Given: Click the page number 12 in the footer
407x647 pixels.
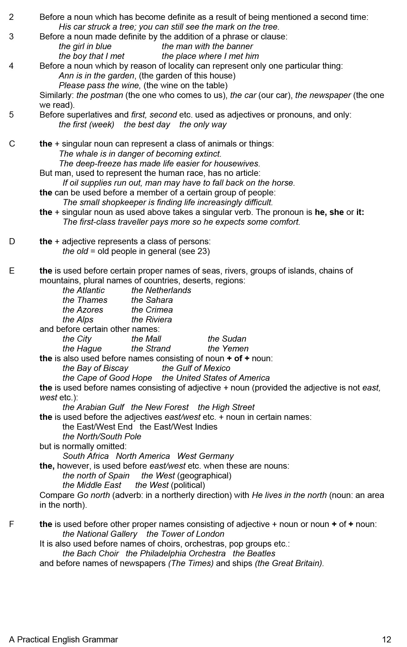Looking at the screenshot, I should click(386, 639).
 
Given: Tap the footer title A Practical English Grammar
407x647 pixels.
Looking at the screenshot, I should click(64, 639).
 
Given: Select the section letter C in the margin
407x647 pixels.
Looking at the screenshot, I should click(12, 144).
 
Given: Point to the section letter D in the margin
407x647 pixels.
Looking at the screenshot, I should click(12, 242).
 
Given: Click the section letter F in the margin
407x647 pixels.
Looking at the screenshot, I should click(12, 524).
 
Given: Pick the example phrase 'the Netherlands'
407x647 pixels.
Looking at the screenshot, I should click(161, 290).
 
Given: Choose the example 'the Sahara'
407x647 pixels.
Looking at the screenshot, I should click(152, 300).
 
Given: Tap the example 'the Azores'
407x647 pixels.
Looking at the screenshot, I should click(83, 310).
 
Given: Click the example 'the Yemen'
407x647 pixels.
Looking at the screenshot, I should click(228, 349).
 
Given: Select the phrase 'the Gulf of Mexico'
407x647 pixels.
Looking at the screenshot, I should click(196, 368).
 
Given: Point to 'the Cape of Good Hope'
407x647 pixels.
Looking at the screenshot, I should click(107, 378).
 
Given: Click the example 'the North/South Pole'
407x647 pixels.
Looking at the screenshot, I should click(102, 437).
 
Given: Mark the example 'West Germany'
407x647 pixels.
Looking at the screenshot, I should click(205, 456).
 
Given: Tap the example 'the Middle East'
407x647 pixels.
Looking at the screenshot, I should click(92, 485).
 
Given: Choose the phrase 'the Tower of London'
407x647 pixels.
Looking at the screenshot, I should click(185, 534).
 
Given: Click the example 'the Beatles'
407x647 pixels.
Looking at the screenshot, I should click(254, 554).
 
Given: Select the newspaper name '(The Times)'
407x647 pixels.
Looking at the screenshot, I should click(191, 563).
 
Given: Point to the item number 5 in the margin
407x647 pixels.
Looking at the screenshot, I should click(11, 115).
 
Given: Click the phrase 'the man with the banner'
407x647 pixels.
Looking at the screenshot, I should click(207, 46).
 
